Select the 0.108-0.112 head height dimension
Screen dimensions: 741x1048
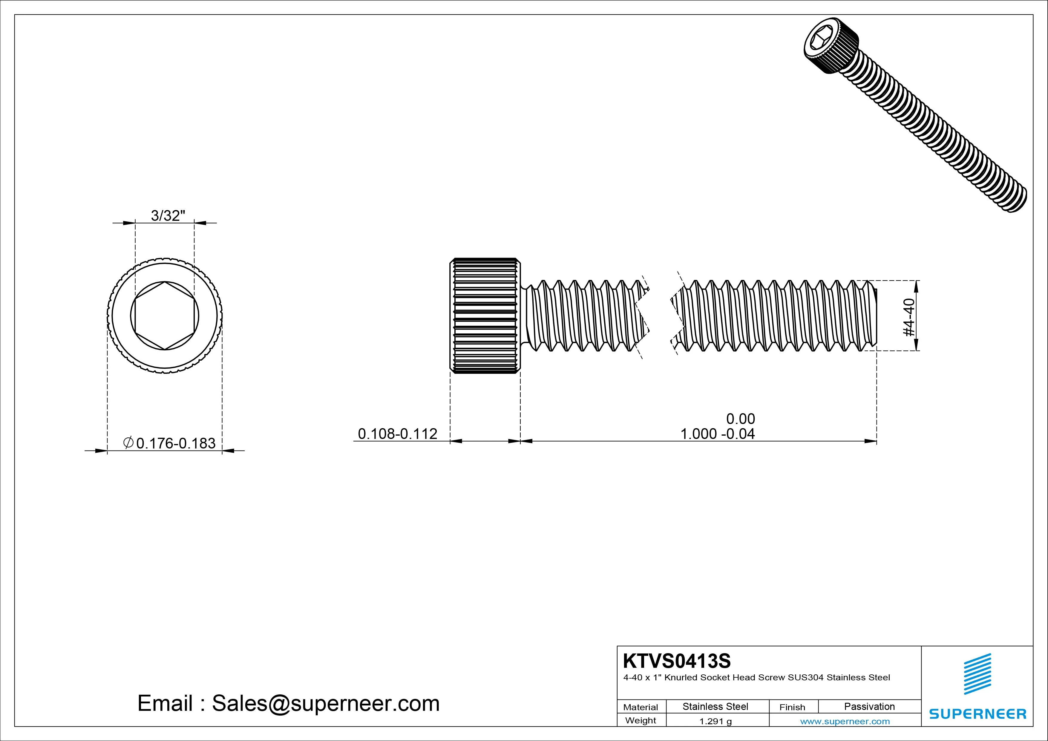397,434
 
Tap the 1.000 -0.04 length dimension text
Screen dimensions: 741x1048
718,434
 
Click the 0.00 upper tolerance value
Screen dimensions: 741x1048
740,419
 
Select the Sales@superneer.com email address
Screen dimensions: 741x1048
325,703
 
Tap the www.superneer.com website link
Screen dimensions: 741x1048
845,721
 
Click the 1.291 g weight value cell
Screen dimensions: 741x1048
715,721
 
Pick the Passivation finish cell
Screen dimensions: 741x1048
869,706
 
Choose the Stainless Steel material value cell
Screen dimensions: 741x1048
715,706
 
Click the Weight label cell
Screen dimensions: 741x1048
641,720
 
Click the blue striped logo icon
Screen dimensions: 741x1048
977,674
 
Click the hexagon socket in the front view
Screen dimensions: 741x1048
165,316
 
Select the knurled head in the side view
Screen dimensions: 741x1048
485,316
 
